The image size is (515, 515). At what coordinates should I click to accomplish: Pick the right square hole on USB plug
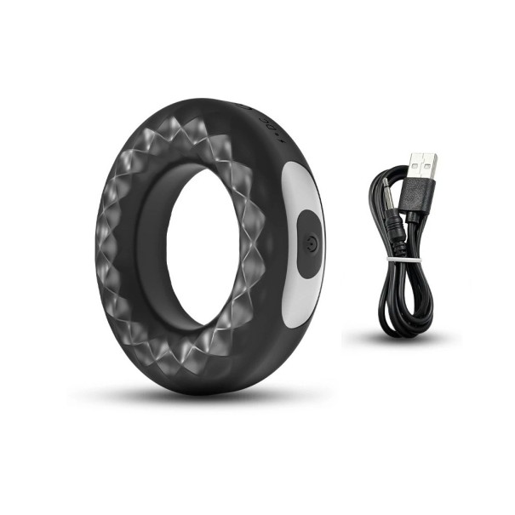[429, 161]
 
